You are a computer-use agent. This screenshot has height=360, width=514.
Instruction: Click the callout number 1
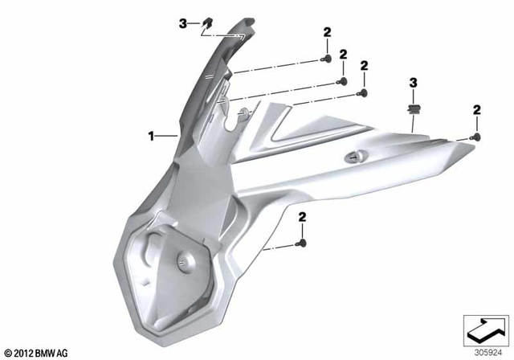point(150,137)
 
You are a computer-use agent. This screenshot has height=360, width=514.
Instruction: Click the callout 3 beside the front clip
point(182,25)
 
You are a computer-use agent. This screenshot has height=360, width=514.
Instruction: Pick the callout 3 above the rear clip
point(414,83)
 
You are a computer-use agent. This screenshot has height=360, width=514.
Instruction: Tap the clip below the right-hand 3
point(414,107)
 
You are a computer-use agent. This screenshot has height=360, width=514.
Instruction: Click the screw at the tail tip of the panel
point(477,139)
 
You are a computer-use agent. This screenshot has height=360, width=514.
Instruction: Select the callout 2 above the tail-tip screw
point(476,109)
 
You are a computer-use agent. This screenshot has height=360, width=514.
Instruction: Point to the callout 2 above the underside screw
point(303,216)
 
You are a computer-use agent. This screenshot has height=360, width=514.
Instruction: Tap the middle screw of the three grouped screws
point(343,81)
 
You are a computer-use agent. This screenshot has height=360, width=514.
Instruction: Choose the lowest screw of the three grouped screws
point(363,93)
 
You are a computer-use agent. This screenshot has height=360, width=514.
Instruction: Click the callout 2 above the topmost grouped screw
point(327,32)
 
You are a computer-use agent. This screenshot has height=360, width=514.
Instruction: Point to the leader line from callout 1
point(165,137)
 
